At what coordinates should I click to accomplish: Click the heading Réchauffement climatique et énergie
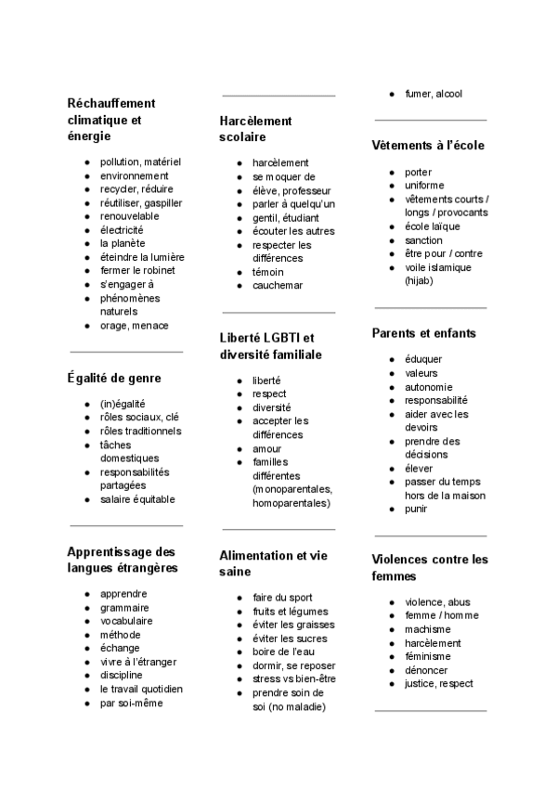pos(111,120)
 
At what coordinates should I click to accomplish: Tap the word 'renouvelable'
pos(130,216)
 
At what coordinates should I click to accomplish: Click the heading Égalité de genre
pos(114,378)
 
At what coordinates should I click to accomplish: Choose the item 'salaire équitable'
pos(137,499)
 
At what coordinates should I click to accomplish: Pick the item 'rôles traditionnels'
pos(141,431)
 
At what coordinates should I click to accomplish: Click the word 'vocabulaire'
pos(126,621)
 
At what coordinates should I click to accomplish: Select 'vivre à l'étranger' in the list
pos(138,662)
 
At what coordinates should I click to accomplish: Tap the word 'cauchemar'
pos(278,286)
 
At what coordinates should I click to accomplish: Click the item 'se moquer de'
pos(284,176)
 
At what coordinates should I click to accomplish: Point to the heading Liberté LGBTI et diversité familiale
pos(267,346)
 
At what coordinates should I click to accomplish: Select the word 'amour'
pos(267,448)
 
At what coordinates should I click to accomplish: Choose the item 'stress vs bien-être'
pos(294,679)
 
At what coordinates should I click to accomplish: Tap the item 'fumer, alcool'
pos(434,94)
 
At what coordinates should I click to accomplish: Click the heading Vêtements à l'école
pos(428,146)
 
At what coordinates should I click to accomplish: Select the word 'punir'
pos(416,509)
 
